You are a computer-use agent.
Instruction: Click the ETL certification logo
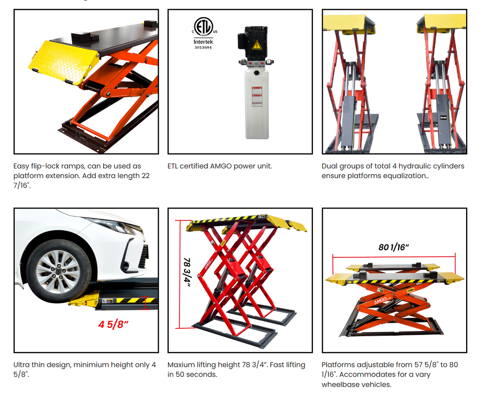[203, 27]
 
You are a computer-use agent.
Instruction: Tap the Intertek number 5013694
[203, 47]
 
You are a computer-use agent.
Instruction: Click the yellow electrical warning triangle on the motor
[257, 45]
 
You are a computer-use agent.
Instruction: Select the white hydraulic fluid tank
[256, 103]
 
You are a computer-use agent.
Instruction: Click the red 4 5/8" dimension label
[114, 324]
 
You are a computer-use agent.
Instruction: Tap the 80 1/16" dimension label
[393, 247]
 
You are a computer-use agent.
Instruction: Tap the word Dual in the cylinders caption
[330, 166]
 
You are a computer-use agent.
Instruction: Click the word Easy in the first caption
[21, 166]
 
